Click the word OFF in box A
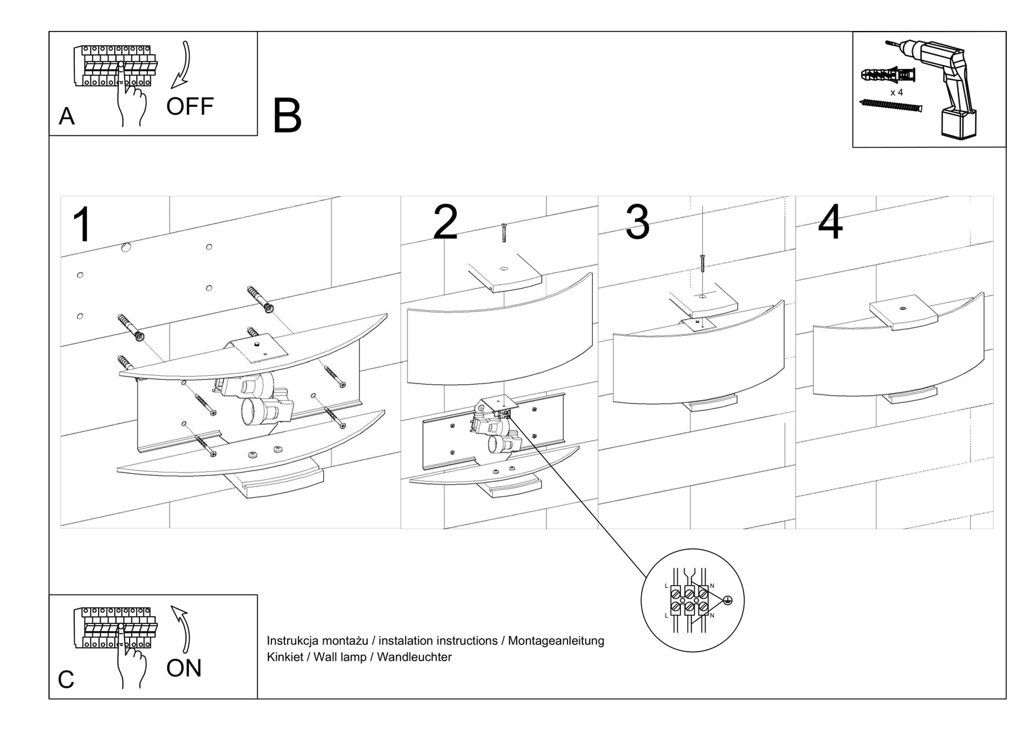[x=190, y=106]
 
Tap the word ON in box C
[x=184, y=668]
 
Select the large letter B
[x=287, y=117]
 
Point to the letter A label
[x=66, y=117]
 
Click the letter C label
[x=66, y=680]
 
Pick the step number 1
[x=83, y=225]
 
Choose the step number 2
[x=445, y=222]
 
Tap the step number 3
[x=637, y=222]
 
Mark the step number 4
[x=830, y=222]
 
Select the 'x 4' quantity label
[x=897, y=93]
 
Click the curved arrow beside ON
[x=182, y=628]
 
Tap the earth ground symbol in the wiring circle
[x=728, y=601]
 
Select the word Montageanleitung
[x=556, y=641]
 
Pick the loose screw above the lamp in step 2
[x=504, y=232]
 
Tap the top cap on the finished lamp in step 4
[x=903, y=314]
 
